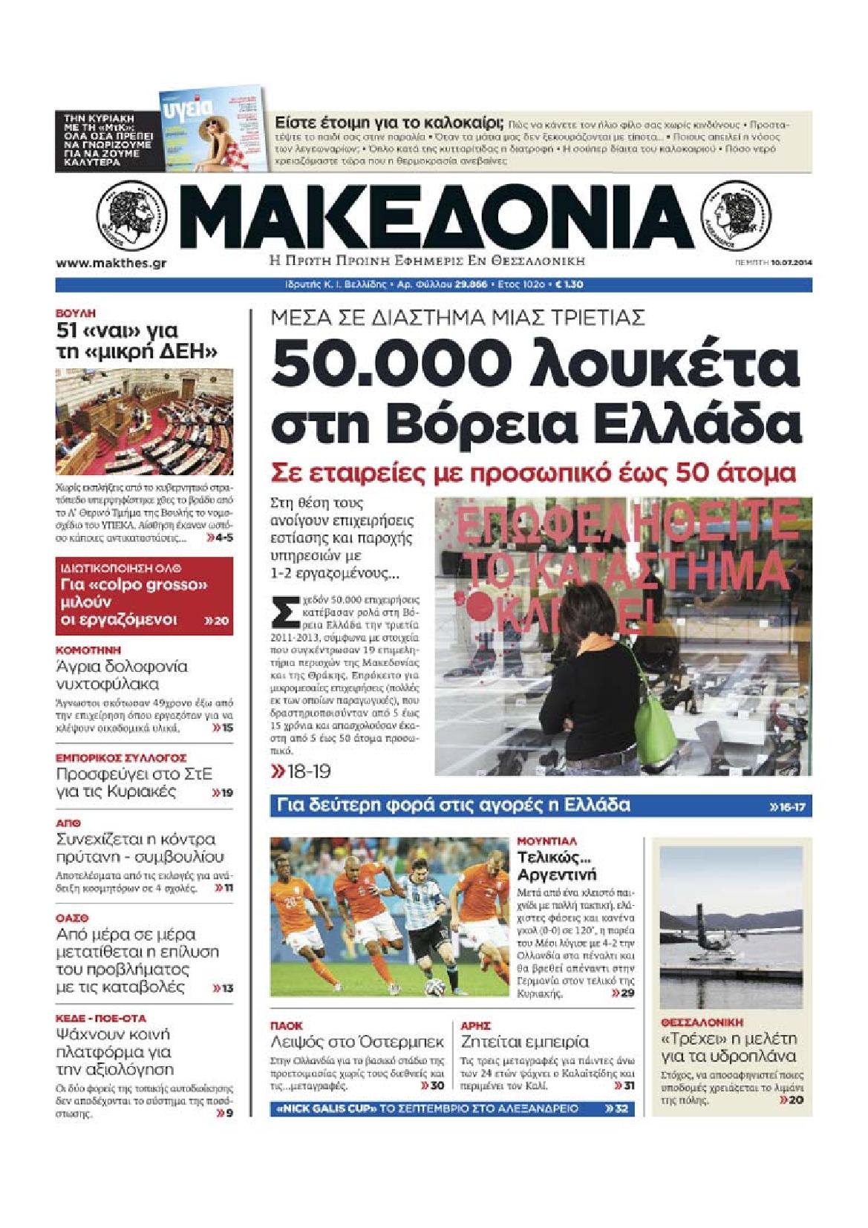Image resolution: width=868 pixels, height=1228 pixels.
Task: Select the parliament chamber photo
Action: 144,422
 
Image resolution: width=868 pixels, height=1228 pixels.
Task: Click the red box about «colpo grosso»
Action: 144,595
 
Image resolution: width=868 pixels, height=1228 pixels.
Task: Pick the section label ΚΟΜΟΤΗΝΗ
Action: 83,650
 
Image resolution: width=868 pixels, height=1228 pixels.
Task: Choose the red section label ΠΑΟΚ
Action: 287,1025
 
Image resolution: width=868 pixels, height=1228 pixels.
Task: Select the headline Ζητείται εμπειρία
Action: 524,1041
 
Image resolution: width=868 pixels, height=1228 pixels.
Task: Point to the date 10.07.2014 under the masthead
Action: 790,262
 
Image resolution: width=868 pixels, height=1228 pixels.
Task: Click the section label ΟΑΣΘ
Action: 72,918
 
